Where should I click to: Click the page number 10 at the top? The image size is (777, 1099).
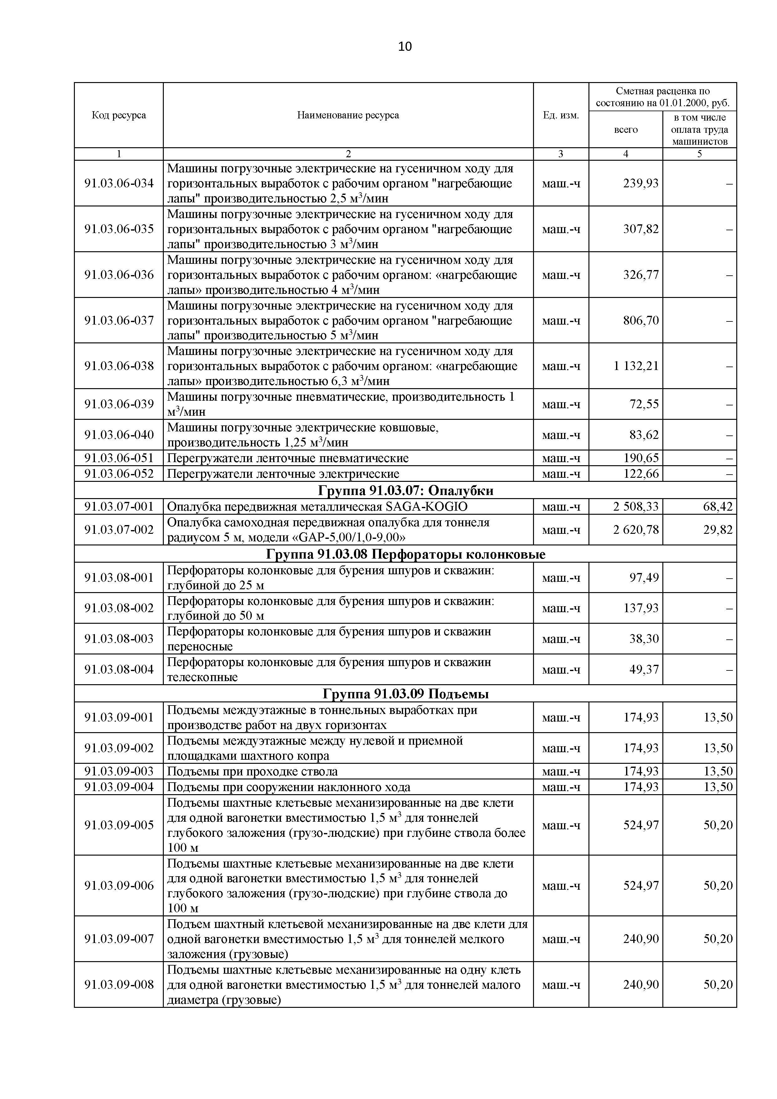(x=404, y=46)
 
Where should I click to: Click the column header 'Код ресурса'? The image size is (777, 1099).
(x=119, y=115)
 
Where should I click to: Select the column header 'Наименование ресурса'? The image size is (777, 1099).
(x=348, y=115)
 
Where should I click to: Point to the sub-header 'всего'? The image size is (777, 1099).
(x=625, y=130)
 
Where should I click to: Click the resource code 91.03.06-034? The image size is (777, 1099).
(x=119, y=183)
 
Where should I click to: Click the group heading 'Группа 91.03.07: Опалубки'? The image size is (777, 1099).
(x=405, y=491)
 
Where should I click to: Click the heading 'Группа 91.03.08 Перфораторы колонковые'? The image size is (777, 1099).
(x=405, y=554)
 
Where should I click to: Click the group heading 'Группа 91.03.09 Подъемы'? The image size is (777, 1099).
(x=405, y=694)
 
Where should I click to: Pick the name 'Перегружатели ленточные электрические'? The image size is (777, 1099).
(x=283, y=474)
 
